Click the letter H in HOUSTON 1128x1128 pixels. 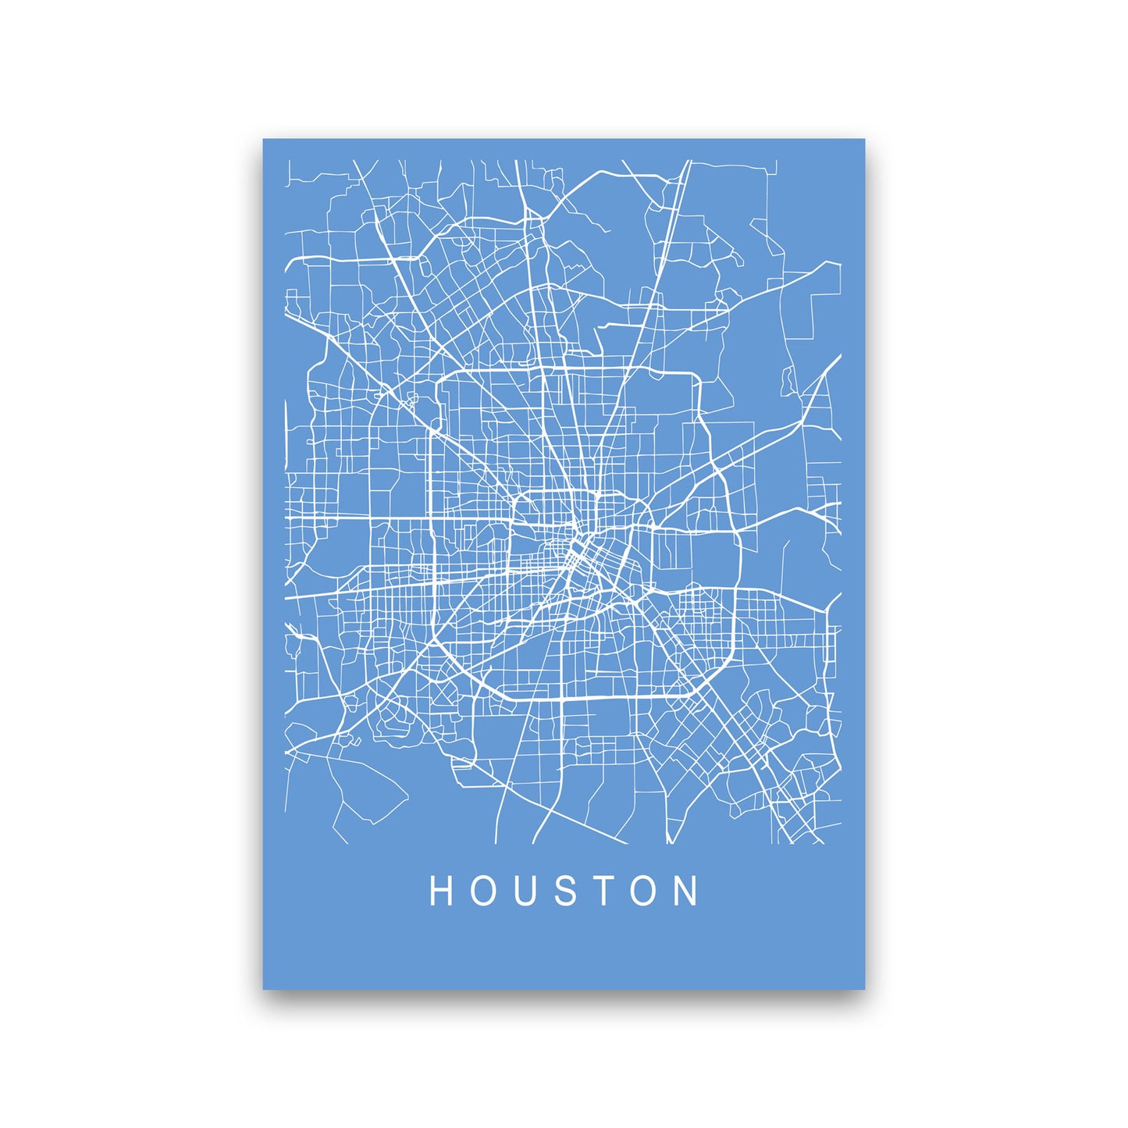click(x=442, y=891)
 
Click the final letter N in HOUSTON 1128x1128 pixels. click(x=687, y=891)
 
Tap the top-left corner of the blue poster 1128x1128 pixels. click(x=264, y=140)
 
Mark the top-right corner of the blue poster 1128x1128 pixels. click(x=865, y=140)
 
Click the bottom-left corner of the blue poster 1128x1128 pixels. click(x=264, y=988)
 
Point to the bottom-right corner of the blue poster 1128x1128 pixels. click(x=865, y=988)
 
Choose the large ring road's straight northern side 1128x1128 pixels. click(x=562, y=369)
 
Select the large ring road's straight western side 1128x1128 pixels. click(x=432, y=531)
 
